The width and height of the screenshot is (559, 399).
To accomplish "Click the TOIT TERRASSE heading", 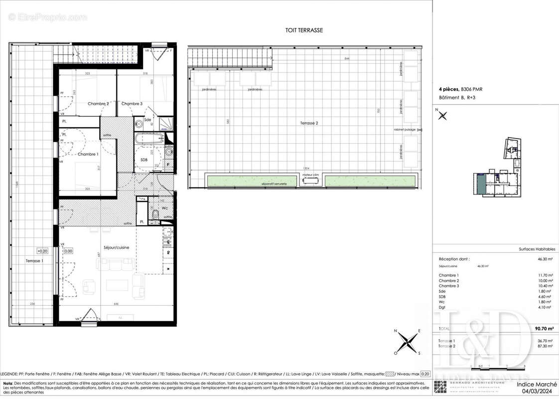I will point(304,30).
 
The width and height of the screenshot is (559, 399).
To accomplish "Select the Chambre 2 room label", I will point(98,104).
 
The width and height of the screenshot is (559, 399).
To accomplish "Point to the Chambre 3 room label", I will point(132,104).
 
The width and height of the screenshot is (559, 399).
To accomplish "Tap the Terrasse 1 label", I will point(35,261).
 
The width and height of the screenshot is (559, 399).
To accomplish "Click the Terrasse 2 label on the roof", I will point(309,123).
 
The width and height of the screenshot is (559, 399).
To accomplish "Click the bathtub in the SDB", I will point(149,138).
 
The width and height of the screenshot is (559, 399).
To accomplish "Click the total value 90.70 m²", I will point(543,329).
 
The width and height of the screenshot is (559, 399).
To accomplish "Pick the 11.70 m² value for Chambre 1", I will point(544,275).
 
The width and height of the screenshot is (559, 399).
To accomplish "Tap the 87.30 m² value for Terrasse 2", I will point(544,346).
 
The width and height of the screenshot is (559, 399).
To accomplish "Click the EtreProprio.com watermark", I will point(48,17).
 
